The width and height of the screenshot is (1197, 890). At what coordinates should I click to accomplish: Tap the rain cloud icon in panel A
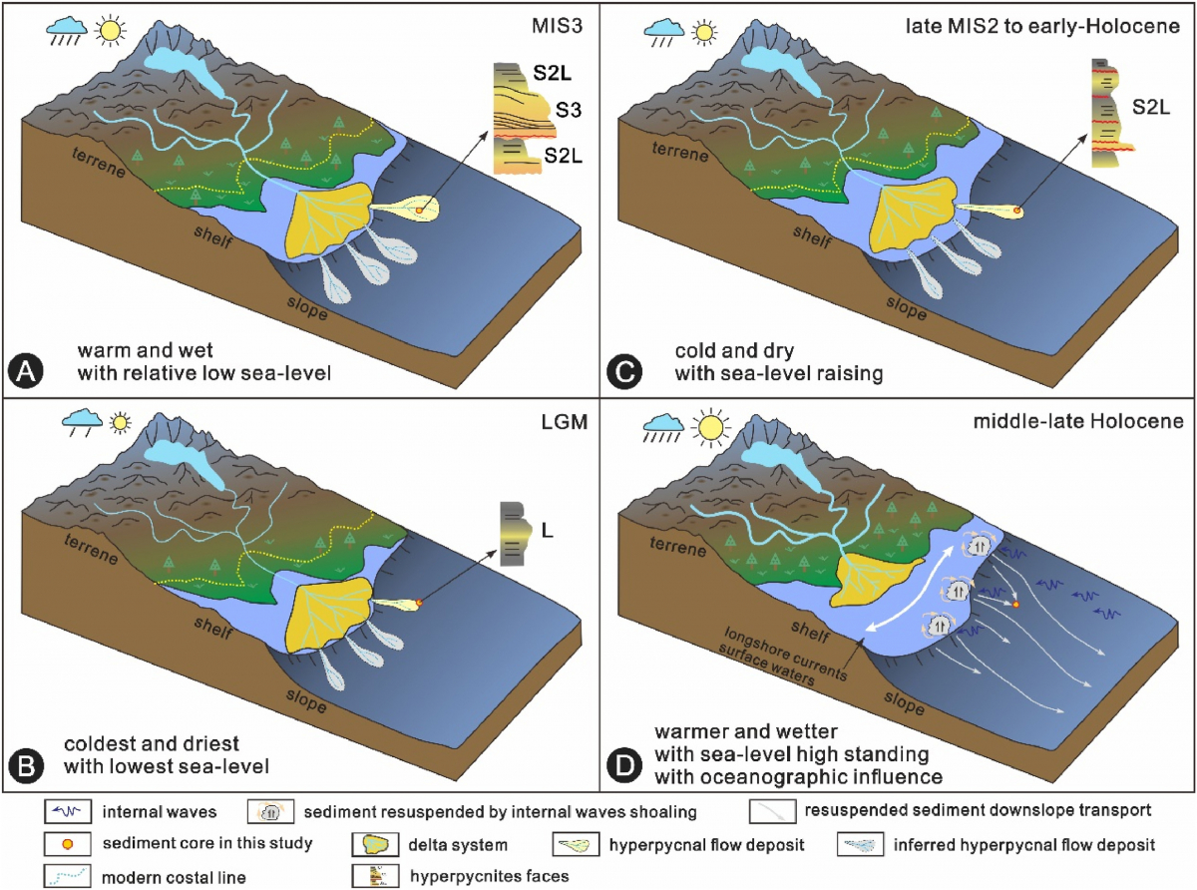(x=64, y=34)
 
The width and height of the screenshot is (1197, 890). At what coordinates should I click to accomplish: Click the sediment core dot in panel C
(x=1017, y=211)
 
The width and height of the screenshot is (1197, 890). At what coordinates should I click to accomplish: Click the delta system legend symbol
(x=372, y=844)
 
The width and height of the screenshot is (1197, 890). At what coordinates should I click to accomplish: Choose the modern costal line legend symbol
(x=69, y=875)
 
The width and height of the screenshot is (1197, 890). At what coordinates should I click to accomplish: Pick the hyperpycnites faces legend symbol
(x=371, y=875)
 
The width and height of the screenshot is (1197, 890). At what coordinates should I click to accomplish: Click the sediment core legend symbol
(x=69, y=844)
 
